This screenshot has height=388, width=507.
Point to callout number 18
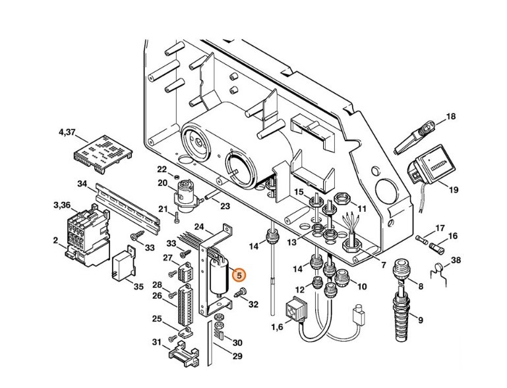click(450, 117)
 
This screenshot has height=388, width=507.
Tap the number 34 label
click(82, 183)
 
